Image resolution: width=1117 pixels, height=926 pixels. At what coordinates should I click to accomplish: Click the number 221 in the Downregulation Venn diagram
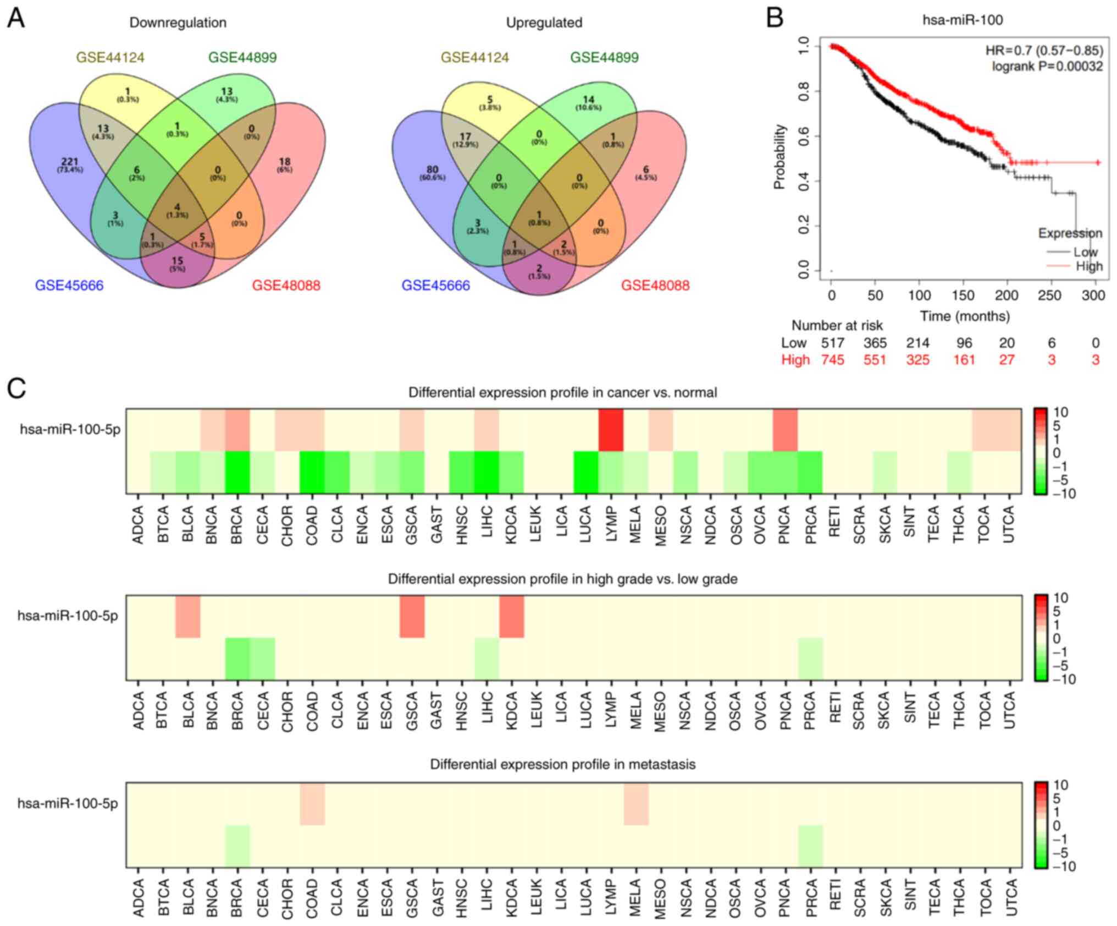70,162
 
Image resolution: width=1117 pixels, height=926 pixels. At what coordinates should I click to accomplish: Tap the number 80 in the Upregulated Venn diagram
433,169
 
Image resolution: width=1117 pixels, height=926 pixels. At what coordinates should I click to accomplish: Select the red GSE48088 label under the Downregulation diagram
286,286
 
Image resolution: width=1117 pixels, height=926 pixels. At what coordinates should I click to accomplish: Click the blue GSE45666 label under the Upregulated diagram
435,286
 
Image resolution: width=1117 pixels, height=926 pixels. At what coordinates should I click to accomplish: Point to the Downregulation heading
178,23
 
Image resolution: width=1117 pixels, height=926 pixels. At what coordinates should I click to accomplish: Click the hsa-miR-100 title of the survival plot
962,20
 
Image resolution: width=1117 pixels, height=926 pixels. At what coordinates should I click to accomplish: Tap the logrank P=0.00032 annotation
1047,67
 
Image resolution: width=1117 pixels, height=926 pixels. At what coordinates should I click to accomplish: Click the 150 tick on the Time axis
963,295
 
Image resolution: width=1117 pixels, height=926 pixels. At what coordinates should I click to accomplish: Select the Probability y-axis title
779,157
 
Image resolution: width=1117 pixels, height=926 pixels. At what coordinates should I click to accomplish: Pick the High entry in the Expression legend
1089,266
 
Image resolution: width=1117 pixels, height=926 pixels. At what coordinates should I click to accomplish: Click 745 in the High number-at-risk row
832,360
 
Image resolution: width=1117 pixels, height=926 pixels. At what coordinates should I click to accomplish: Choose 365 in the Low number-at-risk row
875,343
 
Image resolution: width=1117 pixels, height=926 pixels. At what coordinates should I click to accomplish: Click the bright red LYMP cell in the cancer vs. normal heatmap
611,430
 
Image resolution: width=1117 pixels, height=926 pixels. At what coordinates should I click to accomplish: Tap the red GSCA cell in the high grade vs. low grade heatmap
412,616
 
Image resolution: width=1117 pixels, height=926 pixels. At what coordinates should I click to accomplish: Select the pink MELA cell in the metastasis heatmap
636,803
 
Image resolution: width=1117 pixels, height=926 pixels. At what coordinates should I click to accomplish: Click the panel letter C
16,388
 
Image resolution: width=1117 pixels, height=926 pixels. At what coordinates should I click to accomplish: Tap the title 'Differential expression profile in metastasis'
562,764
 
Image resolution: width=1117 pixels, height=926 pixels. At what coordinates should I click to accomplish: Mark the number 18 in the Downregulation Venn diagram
284,162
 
